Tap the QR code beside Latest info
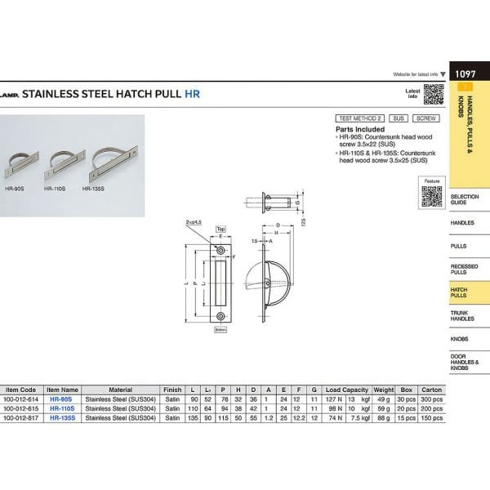coord(433,95)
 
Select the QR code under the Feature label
coord(431,197)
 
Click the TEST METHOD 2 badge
coord(359,118)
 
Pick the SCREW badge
coord(426,118)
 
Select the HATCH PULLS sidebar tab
coord(461,292)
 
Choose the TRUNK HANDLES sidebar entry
coord(463,315)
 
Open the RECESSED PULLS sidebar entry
coord(463,269)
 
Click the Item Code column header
coord(21,390)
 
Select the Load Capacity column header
coord(347,390)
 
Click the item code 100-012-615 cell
coord(21,408)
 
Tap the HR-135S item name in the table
coord(62,417)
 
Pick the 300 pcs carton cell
coord(431,399)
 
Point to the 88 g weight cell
coord(383,417)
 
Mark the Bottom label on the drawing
coord(220,329)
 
